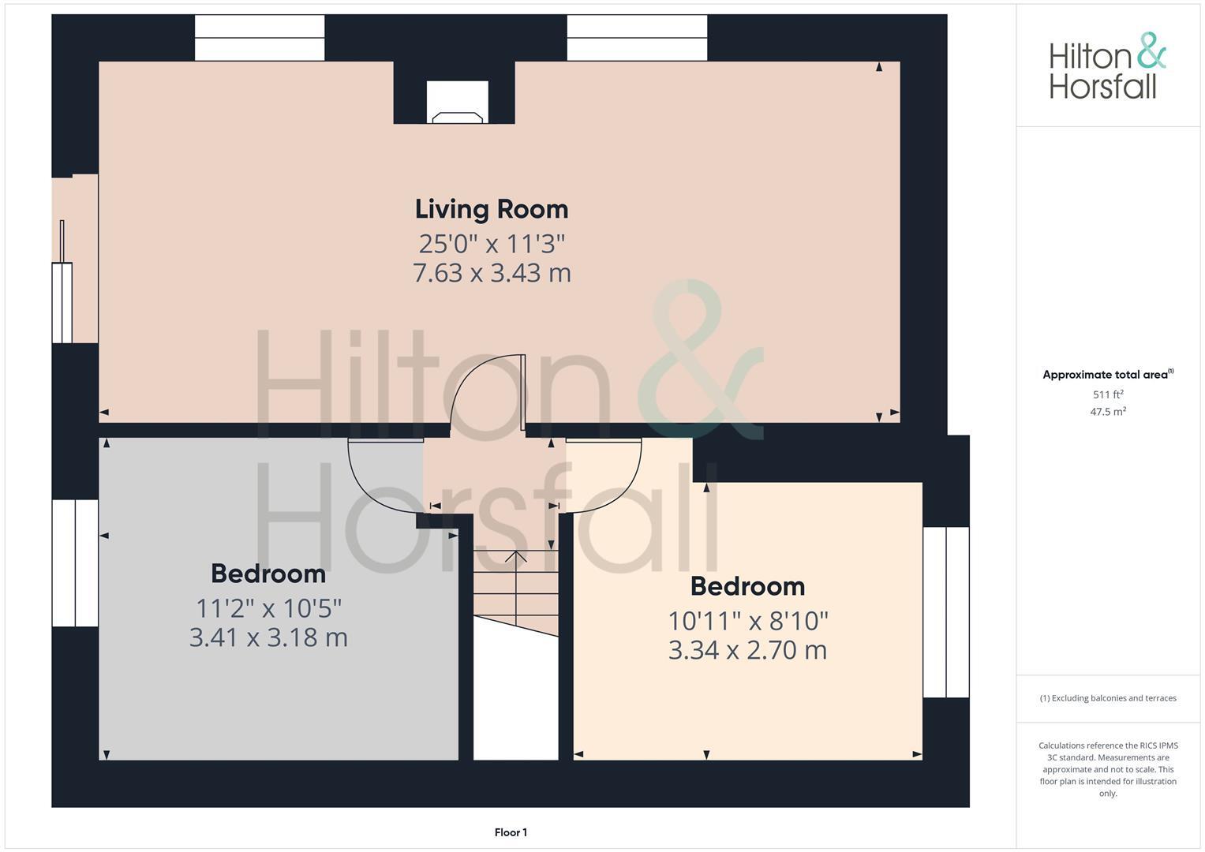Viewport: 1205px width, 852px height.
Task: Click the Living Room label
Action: click(491, 209)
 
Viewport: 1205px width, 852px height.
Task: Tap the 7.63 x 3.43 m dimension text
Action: click(491, 273)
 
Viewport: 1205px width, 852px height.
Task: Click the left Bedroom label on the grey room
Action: click(268, 574)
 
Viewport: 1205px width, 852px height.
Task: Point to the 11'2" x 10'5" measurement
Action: click(268, 608)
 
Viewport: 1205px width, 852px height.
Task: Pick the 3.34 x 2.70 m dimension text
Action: click(747, 650)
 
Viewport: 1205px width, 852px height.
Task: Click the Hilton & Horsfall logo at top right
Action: click(1106, 67)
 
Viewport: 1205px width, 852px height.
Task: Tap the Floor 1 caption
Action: click(511, 832)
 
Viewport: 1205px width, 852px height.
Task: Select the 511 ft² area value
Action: click(1107, 394)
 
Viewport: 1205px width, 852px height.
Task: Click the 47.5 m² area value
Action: click(1107, 412)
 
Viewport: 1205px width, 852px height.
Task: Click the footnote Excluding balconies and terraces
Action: click(1107, 698)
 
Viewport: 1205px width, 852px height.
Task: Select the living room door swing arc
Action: click(489, 390)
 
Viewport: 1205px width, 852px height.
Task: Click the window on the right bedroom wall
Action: click(945, 612)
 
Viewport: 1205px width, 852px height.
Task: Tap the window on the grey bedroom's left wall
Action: click(75, 563)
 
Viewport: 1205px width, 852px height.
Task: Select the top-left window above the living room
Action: click(260, 38)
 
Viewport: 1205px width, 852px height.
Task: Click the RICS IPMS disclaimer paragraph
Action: click(1107, 769)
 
